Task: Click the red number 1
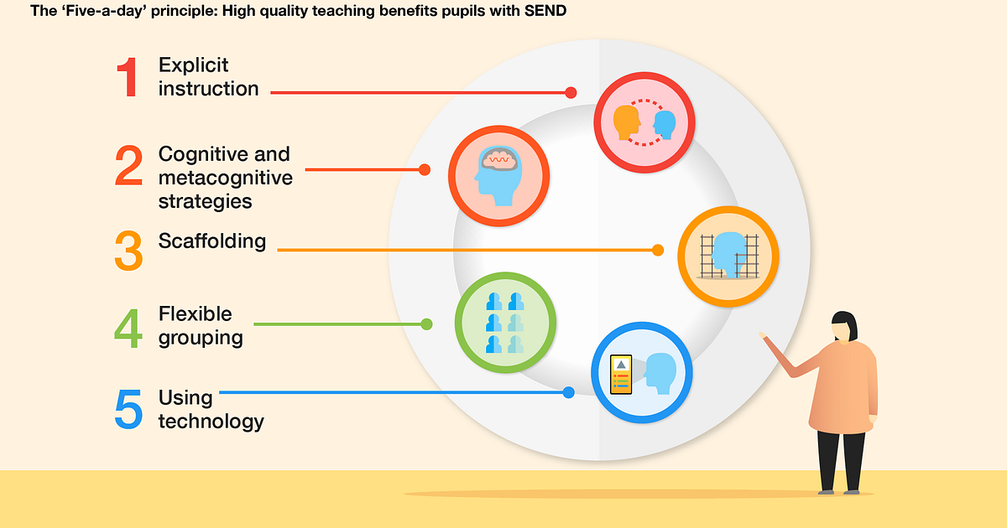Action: click(128, 77)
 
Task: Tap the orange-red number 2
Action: click(128, 165)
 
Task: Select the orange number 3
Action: click(128, 251)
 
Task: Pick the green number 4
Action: click(128, 329)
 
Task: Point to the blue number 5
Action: click(128, 409)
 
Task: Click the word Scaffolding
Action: click(212, 241)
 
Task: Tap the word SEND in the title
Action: click(545, 11)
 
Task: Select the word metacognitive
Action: click(225, 178)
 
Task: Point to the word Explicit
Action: click(193, 65)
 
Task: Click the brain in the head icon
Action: click(498, 159)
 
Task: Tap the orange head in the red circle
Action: click(627, 122)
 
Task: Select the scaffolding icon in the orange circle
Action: click(728, 256)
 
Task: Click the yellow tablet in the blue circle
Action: click(621, 375)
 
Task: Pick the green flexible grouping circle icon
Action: click(505, 323)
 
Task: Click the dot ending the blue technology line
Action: click(569, 392)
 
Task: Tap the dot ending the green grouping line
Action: click(426, 324)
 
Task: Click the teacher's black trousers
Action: click(841, 460)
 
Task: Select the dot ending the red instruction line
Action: click(571, 92)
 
